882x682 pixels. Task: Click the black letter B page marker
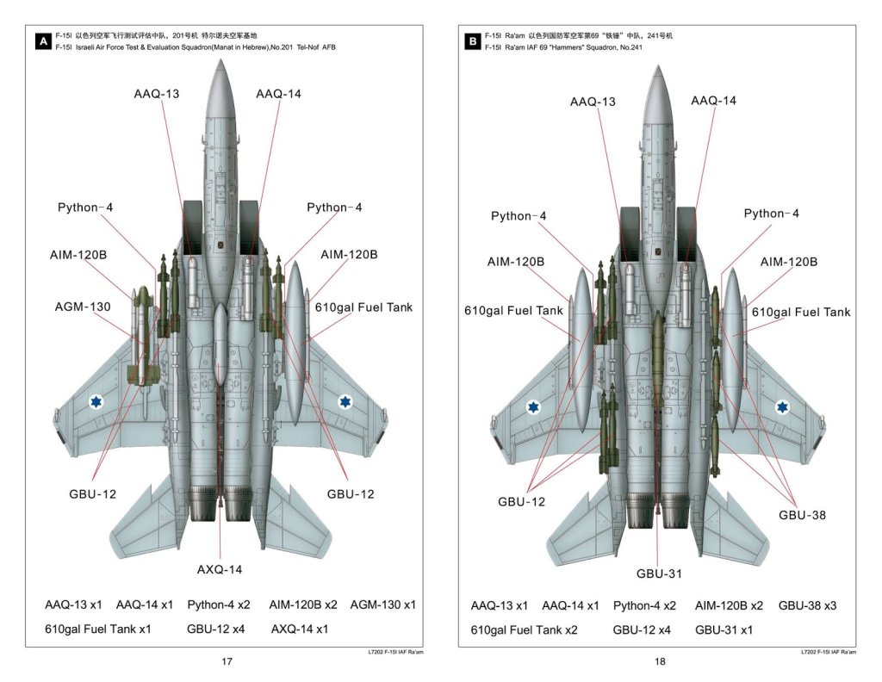[472, 41]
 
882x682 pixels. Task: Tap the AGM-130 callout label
[84, 306]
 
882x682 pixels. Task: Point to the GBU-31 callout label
[660, 573]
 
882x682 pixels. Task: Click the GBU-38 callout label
[802, 514]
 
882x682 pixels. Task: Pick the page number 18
[660, 661]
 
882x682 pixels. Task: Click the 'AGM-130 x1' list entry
[382, 604]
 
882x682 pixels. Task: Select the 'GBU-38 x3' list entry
[807, 605]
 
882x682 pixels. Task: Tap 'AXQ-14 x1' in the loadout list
[300, 629]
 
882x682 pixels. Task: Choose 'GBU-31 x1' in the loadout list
[724, 629]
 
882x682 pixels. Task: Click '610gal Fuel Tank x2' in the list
[524, 629]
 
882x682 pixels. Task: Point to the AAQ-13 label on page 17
[157, 93]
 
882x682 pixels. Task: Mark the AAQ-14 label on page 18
[713, 101]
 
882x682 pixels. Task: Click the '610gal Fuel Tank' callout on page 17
[363, 307]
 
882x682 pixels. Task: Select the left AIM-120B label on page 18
[515, 262]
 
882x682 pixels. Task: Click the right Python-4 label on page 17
[334, 208]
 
